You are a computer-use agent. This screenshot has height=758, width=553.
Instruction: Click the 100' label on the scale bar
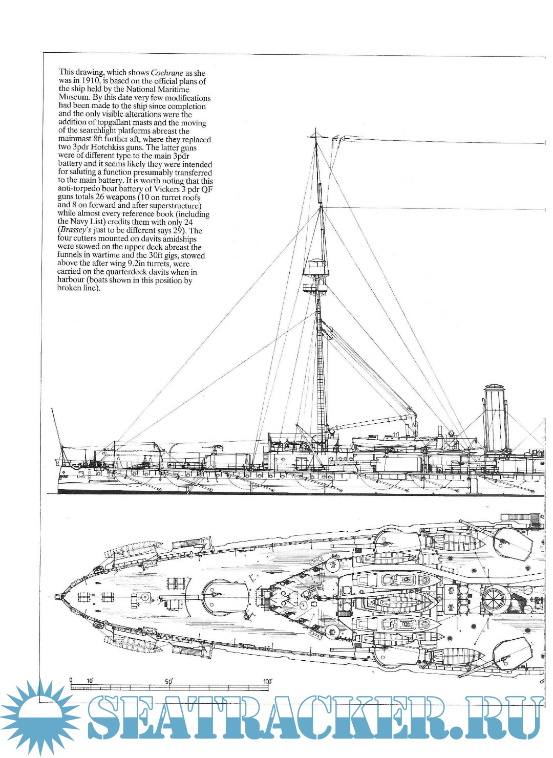268,681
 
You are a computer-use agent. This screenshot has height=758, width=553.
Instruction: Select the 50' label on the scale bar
169,681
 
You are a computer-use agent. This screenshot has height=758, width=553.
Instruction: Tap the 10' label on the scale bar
90,681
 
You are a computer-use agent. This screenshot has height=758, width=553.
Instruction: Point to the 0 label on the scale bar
71,680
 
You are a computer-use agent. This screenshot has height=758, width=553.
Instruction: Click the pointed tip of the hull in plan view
57,597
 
